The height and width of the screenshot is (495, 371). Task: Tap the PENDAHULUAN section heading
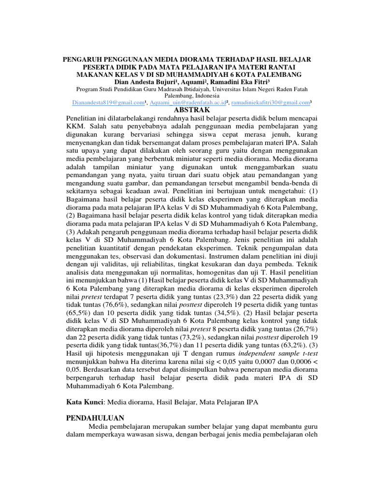click(95, 418)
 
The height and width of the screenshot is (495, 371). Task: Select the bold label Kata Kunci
click(85, 401)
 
